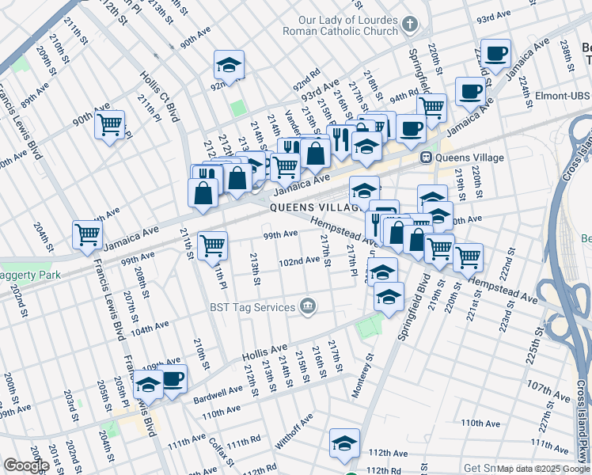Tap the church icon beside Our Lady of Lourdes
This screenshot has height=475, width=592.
pyautogui.click(x=409, y=25)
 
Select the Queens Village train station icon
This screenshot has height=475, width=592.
pyautogui.click(x=426, y=158)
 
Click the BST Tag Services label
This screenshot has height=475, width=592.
pyautogui.click(x=252, y=306)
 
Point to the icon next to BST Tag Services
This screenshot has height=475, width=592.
pyautogui.click(x=308, y=306)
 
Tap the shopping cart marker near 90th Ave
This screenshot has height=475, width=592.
pyautogui.click(x=110, y=124)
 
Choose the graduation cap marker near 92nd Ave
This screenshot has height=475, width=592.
pyautogui.click(x=229, y=65)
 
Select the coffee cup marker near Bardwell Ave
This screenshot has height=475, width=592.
pyautogui.click(x=172, y=378)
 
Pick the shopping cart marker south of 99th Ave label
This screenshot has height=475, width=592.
pyautogui.click(x=212, y=246)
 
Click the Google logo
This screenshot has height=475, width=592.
pyautogui.click(x=26, y=465)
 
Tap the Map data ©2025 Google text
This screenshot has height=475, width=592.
pyautogui.click(x=542, y=469)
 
